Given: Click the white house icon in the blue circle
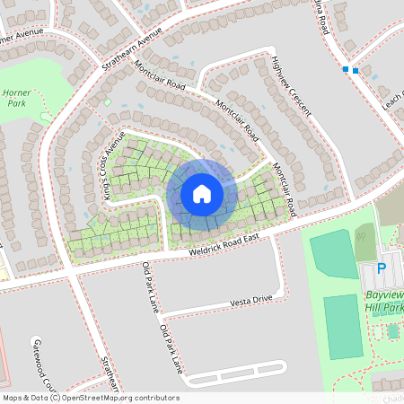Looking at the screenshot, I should pyautogui.click(x=202, y=193).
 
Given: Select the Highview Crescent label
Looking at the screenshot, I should pyautogui.click(x=290, y=85).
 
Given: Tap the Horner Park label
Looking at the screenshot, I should pyautogui.click(x=16, y=98).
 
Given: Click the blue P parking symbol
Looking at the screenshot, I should pyautogui.click(x=381, y=268).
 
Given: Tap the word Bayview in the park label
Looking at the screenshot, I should pyautogui.click(x=385, y=294).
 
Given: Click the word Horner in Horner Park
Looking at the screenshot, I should pyautogui.click(x=16, y=92).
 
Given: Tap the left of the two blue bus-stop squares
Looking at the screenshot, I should pyautogui.click(x=346, y=68).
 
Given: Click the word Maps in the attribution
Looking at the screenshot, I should pyautogui.click(x=12, y=398).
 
